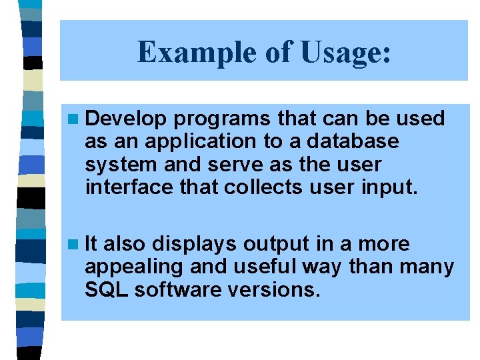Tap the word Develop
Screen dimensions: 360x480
pyautogui.click(x=126, y=119)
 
